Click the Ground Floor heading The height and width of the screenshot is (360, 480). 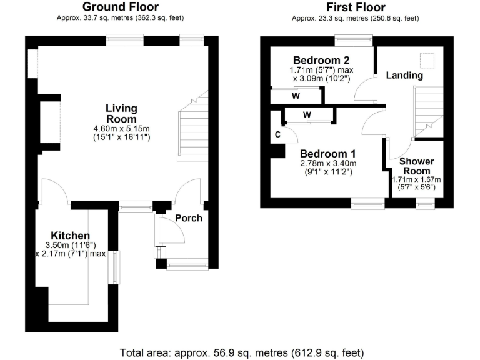[121, 7]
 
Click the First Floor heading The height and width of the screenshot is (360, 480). [355, 7]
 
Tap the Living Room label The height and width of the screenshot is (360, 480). [121, 113]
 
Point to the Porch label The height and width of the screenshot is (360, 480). [188, 218]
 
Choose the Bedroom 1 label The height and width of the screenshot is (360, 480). [327, 154]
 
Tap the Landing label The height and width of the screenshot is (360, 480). [404, 75]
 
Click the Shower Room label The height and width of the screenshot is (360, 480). [417, 166]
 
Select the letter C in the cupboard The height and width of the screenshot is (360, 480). [276, 134]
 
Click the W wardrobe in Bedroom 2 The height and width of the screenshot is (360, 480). [296, 96]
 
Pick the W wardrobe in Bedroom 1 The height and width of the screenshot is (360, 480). [307, 114]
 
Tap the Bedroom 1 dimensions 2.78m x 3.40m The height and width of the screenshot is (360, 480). [327, 167]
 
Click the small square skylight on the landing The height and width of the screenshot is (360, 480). [428, 61]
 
